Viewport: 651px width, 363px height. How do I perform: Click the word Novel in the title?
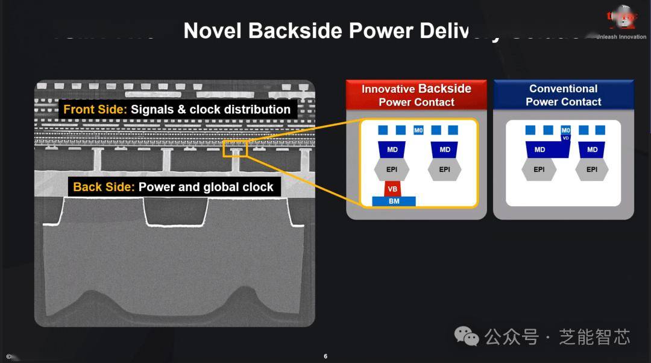pyautogui.click(x=212, y=30)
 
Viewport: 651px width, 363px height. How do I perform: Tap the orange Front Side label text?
pyautogui.click(x=93, y=109)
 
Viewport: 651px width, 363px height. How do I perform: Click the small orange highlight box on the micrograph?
pyautogui.click(x=234, y=148)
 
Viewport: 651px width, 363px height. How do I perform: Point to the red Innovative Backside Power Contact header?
pyautogui.click(x=416, y=95)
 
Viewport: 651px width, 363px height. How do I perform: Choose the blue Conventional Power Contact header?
pyautogui.click(x=563, y=95)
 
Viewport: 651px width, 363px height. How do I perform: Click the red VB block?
pyautogui.click(x=392, y=189)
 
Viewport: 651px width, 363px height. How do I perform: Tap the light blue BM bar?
pyautogui.click(x=394, y=201)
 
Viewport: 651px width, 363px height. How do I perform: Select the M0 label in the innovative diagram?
pyautogui.click(x=418, y=130)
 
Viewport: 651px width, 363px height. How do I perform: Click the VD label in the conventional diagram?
pyautogui.click(x=565, y=138)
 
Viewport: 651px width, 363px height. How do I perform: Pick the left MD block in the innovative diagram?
pyautogui.click(x=392, y=150)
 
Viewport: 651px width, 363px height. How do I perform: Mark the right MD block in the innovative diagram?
pyautogui.click(x=445, y=150)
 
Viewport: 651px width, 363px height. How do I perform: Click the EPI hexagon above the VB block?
pyautogui.click(x=392, y=169)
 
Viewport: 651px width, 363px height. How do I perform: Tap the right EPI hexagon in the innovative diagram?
pyautogui.click(x=445, y=169)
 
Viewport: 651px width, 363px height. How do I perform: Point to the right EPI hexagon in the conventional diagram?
pyautogui.click(x=592, y=169)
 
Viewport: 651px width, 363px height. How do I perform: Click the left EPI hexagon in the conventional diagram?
pyautogui.click(x=539, y=169)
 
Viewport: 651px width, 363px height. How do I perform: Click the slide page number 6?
pyautogui.click(x=325, y=356)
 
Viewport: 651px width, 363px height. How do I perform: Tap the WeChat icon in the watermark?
pyautogui.click(x=467, y=336)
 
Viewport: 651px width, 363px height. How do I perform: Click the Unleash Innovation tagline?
pyautogui.click(x=621, y=37)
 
